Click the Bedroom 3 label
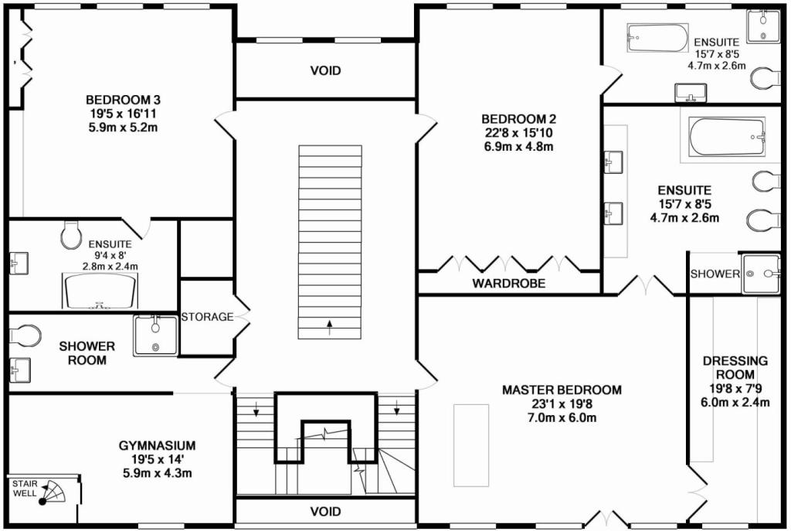click(x=123, y=100)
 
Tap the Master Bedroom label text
click(x=561, y=390)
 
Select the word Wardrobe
click(x=509, y=284)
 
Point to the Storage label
click(x=207, y=317)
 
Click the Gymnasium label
click(x=157, y=445)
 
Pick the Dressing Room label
click(x=735, y=368)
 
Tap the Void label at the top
click(x=325, y=71)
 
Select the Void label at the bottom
click(x=325, y=512)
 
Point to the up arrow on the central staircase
click(x=330, y=324)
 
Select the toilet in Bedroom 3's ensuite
click(x=70, y=234)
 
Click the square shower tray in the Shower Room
click(x=155, y=335)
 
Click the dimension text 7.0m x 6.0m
click(x=561, y=418)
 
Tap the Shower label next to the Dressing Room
click(x=715, y=274)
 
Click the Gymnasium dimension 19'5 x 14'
click(x=157, y=459)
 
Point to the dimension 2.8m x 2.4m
click(x=110, y=267)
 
